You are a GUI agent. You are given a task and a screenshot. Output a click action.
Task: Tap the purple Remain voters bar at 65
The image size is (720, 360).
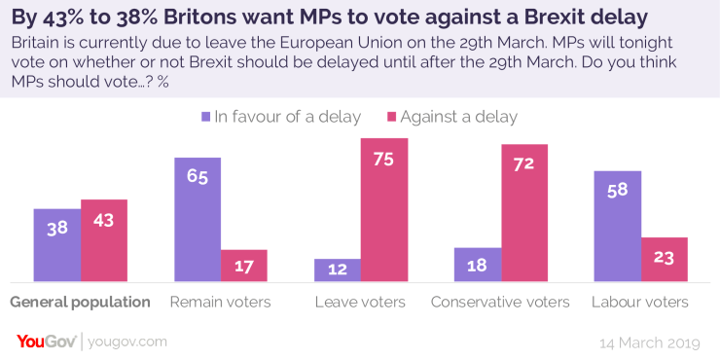198,220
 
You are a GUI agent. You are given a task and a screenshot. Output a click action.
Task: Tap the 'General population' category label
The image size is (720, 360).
81,302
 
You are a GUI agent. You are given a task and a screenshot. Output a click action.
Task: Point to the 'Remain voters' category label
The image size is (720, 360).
221,302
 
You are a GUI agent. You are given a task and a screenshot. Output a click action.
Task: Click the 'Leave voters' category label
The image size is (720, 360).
360,302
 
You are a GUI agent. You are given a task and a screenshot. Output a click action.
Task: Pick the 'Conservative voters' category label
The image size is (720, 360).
501,302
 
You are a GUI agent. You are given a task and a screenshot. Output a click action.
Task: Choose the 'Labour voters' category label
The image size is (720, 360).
640,302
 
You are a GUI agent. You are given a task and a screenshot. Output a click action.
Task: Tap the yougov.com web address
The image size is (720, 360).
127,341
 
